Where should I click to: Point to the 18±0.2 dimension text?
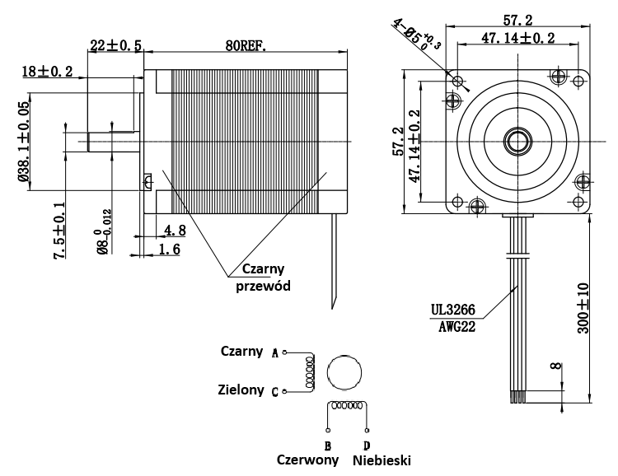(49, 72)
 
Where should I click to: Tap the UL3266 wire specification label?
(455, 310)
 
